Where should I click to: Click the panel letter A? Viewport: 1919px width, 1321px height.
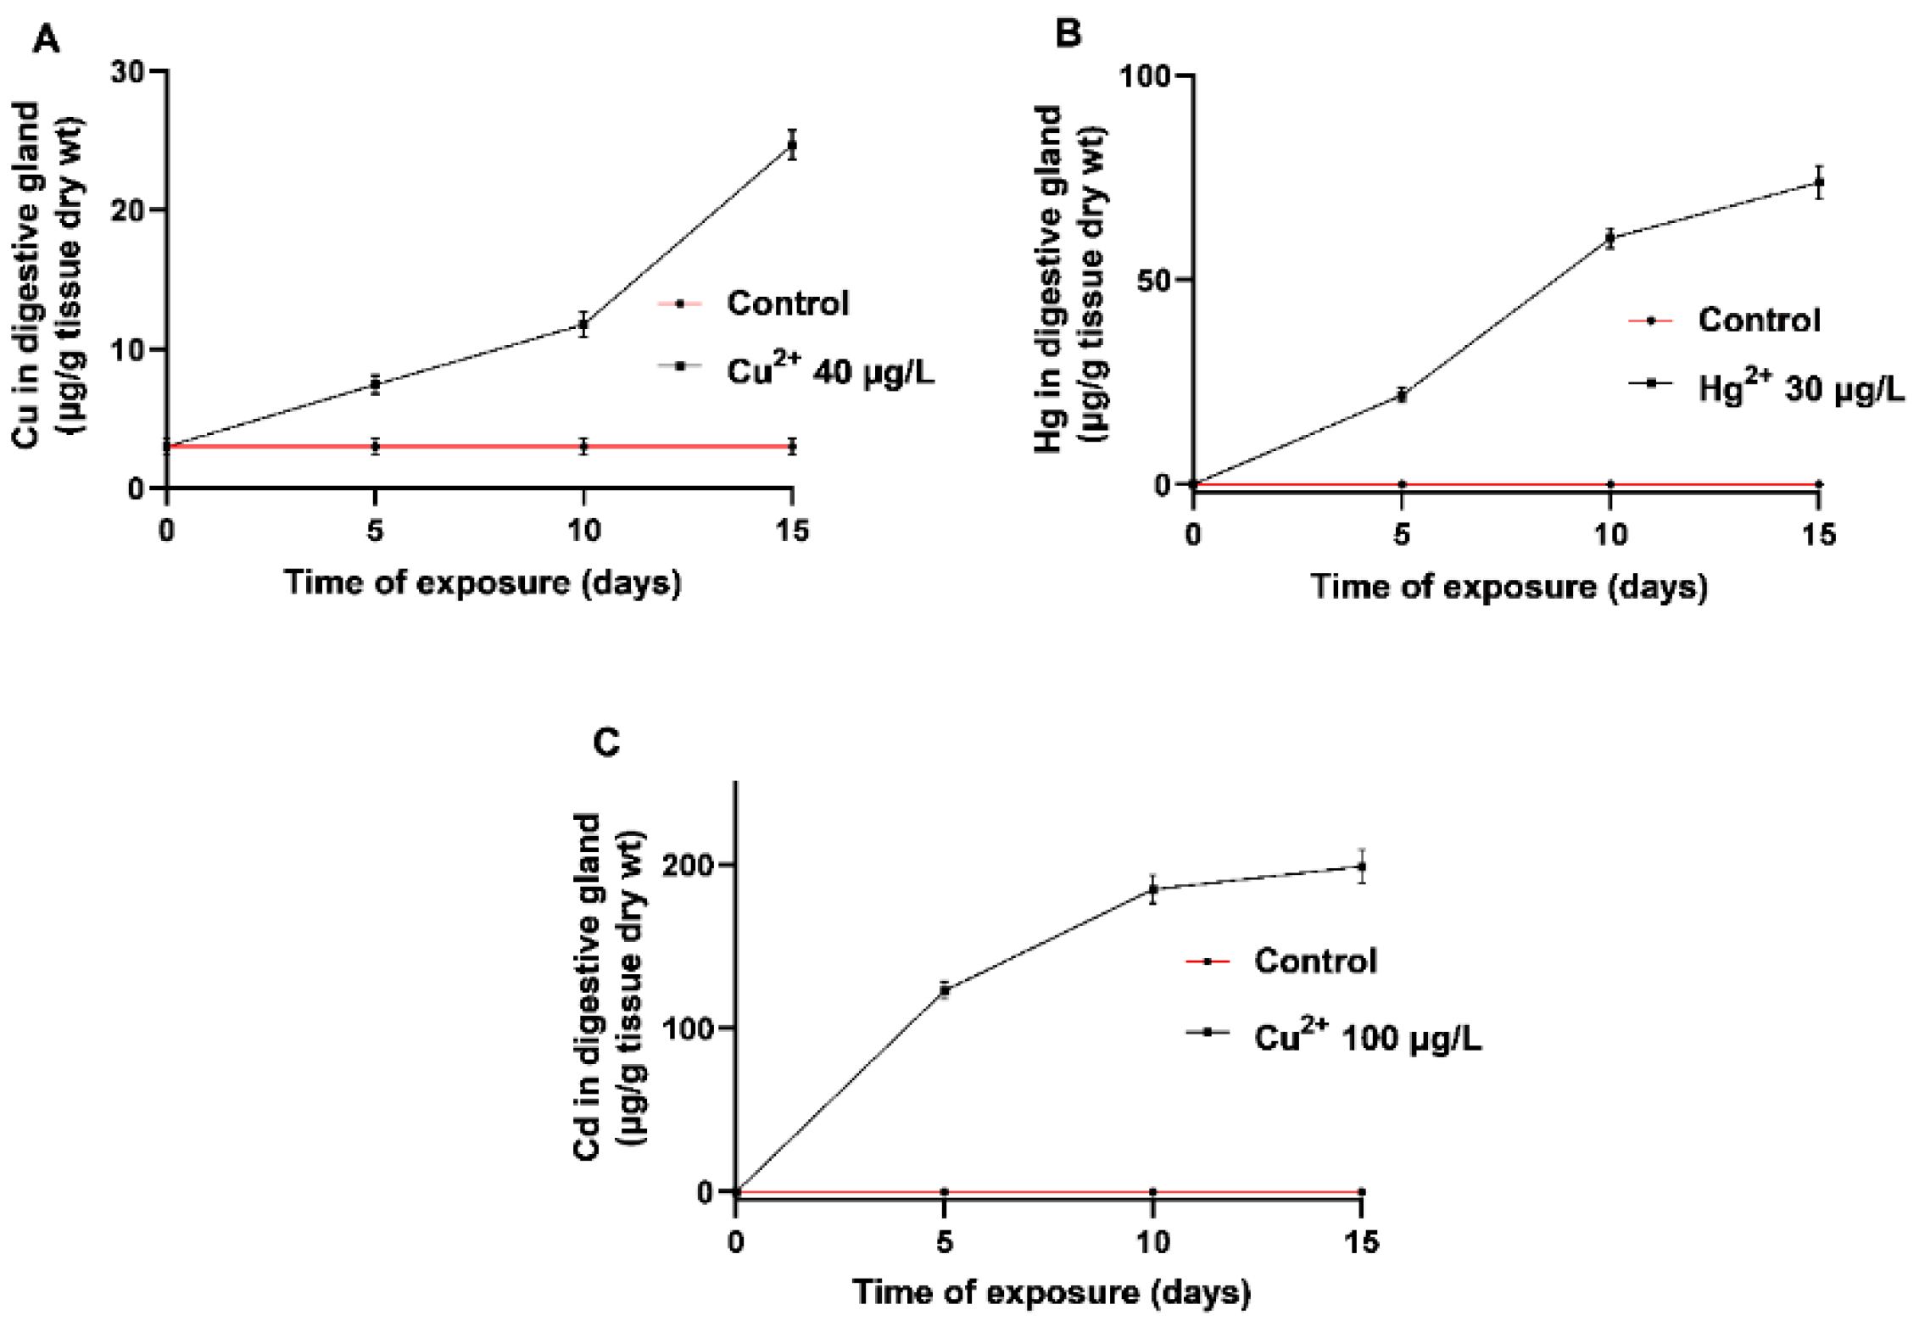(x=46, y=40)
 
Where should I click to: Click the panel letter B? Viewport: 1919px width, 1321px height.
(x=1068, y=34)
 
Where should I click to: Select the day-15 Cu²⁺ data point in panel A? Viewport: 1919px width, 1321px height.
(x=792, y=145)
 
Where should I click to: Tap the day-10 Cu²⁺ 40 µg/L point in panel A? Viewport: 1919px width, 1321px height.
(x=583, y=324)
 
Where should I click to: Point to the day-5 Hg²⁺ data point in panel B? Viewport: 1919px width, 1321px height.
(x=1403, y=395)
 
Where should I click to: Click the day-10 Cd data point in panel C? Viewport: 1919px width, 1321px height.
(x=1153, y=889)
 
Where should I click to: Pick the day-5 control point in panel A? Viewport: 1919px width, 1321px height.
(x=375, y=446)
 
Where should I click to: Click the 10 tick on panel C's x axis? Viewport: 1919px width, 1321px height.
(x=1153, y=1243)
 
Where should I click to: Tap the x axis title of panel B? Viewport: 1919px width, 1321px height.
(x=1509, y=587)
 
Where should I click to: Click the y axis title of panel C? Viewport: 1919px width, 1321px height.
(x=609, y=987)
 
